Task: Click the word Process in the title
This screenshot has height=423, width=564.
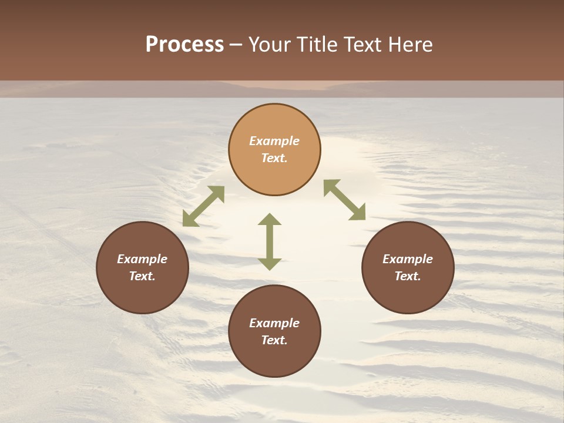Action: [184, 45]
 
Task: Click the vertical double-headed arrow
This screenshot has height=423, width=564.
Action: [270, 242]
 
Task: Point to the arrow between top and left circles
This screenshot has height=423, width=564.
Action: [203, 206]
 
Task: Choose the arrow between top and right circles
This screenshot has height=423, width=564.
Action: [345, 200]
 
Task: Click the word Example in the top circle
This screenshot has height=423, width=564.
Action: [274, 141]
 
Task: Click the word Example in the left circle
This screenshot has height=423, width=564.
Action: [142, 259]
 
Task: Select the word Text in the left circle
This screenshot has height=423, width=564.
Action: [142, 276]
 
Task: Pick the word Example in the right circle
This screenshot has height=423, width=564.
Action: [408, 259]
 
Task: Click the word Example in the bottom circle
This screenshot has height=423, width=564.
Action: [274, 323]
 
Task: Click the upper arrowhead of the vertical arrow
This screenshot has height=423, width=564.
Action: [270, 220]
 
